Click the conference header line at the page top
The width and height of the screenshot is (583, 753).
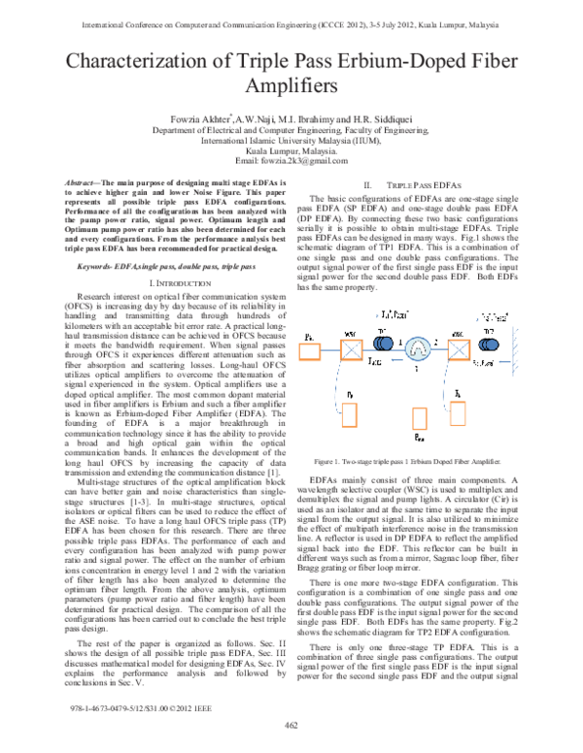pos(291,15)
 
